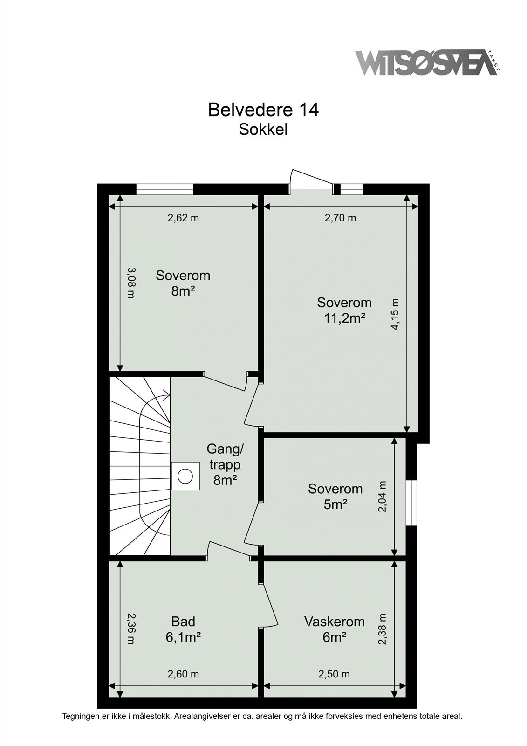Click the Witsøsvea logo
click(426, 62)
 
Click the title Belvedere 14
click(263, 110)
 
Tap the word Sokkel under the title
click(263, 130)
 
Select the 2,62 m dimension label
click(183, 218)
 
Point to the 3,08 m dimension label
click(131, 282)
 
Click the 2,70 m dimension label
click(340, 218)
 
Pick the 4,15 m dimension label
click(395, 314)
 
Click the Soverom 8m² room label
click(183, 283)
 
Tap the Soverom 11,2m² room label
click(344, 310)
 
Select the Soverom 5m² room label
click(335, 496)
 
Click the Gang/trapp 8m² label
click(225, 464)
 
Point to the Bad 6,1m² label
click(183, 629)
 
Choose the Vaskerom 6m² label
click(334, 629)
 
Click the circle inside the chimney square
click(185, 476)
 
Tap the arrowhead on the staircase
click(166, 396)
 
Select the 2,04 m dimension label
click(383, 497)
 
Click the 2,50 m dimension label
click(334, 674)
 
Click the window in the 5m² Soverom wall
click(411, 503)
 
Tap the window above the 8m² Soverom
click(164, 189)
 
